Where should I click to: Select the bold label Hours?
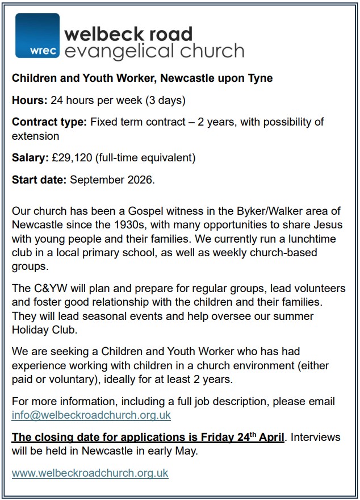pos(30,101)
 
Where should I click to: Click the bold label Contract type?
pos(49,122)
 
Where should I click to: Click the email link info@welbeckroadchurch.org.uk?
pos(91,415)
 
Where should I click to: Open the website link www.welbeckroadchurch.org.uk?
pos(90,473)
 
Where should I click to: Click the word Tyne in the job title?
pos(260,78)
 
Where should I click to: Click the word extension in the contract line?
pos(35,136)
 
